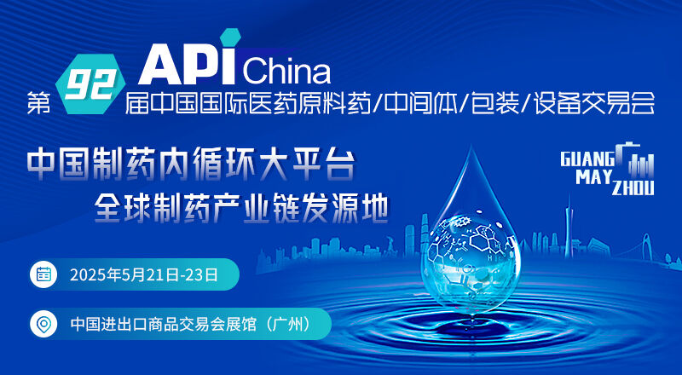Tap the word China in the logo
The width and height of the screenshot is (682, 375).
(x=286, y=72)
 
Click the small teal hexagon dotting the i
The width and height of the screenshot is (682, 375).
(x=230, y=37)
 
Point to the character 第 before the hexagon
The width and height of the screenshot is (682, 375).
(x=38, y=103)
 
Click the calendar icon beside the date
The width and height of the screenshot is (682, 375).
(x=43, y=274)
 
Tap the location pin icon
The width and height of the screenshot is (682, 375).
(x=43, y=324)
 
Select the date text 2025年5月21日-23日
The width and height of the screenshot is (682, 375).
(x=143, y=275)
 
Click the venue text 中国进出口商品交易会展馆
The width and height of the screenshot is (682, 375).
(x=164, y=325)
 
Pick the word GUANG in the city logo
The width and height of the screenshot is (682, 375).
(x=587, y=159)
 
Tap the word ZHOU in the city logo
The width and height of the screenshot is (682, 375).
(x=633, y=188)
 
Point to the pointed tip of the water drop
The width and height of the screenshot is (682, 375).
(x=471, y=147)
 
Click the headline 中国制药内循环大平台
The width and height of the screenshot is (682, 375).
(x=190, y=164)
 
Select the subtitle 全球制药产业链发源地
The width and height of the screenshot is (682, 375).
(x=241, y=207)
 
